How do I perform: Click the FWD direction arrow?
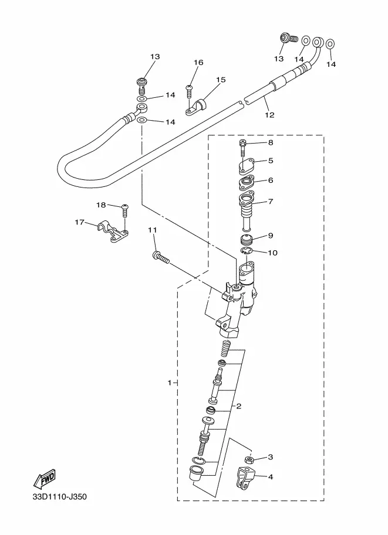pyautogui.click(x=44, y=479)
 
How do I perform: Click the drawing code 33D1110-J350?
pyautogui.click(x=60, y=496)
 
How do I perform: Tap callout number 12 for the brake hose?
pyautogui.click(x=269, y=115)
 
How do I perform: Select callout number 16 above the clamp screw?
pyautogui.click(x=198, y=63)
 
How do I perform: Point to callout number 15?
pyautogui.click(x=221, y=80)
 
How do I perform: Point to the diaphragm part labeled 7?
pyautogui.click(x=247, y=212)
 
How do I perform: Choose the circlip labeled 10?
pyautogui.click(x=247, y=251)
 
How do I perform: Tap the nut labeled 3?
pyautogui.click(x=249, y=459)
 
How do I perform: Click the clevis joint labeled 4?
pyautogui.click(x=244, y=478)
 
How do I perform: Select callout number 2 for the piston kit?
pyautogui.click(x=239, y=406)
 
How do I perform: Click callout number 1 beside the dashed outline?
pyautogui.click(x=170, y=383)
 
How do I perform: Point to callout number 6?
pyautogui.click(x=271, y=180)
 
